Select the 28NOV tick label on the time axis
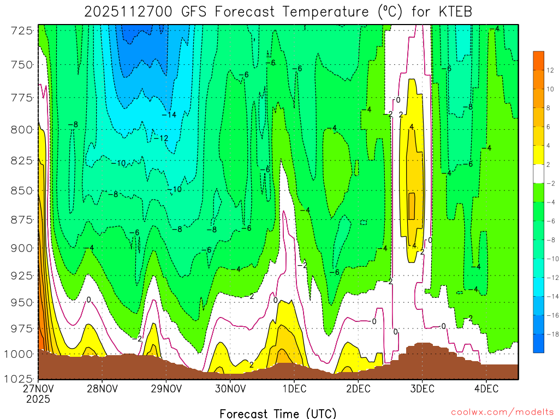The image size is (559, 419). (x=102, y=389)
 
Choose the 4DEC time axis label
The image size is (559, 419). (x=486, y=389)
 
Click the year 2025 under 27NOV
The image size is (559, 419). (x=38, y=399)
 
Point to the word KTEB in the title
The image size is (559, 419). (x=454, y=11)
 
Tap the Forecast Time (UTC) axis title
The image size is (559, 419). (x=278, y=413)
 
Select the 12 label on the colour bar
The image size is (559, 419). (x=551, y=70)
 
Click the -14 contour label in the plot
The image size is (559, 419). (x=169, y=115)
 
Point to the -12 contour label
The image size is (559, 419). (x=161, y=138)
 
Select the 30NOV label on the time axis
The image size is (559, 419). (x=230, y=389)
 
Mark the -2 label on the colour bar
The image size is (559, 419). (x=551, y=184)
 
